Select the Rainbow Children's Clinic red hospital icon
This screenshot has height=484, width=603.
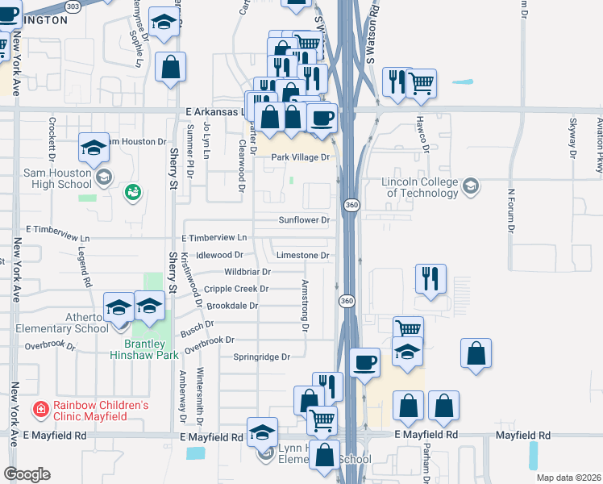[40, 410]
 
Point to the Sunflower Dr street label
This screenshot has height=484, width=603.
[305, 219]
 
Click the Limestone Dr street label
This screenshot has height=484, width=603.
[304, 255]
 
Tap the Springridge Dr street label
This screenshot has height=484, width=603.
[261, 357]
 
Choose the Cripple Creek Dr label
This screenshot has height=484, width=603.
[235, 289]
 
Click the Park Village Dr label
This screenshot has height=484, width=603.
[301, 157]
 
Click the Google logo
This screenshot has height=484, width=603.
[27, 474]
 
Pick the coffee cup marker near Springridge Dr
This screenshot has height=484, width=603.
[365, 363]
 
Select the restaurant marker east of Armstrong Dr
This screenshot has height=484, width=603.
[430, 279]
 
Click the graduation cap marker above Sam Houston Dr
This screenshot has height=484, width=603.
[94, 148]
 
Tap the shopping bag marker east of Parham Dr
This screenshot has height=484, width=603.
[476, 354]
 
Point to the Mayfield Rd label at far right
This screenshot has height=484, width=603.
[523, 435]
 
